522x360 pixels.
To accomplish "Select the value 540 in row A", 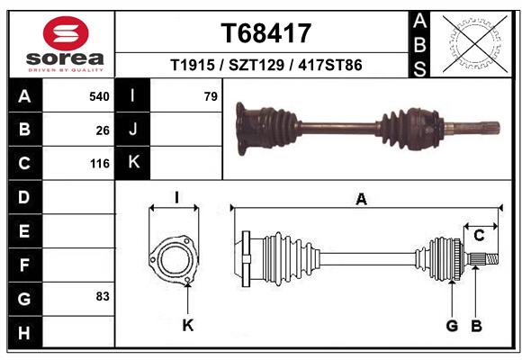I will pyautogui.click(x=99, y=95).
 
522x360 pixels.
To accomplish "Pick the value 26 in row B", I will pyautogui.click(x=103, y=130).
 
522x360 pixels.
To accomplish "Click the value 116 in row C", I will pyautogui.click(x=99, y=164).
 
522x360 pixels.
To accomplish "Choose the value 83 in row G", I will pyautogui.click(x=102, y=296).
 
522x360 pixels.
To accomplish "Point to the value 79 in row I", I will pyautogui.click(x=211, y=95).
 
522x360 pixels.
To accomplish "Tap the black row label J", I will pyautogui.click(x=133, y=130).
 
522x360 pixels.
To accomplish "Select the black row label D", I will pyautogui.click(x=24, y=196).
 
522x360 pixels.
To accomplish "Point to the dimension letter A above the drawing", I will pyautogui.click(x=362, y=201).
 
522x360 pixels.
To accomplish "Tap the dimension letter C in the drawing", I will pyautogui.click(x=480, y=236).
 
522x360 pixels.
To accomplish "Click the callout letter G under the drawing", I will pyautogui.click(x=453, y=325).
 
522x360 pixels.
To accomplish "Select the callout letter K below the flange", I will pyautogui.click(x=188, y=325).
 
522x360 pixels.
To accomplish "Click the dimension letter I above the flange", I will pyautogui.click(x=176, y=198).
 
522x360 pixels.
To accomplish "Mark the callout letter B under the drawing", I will pyautogui.click(x=476, y=325).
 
